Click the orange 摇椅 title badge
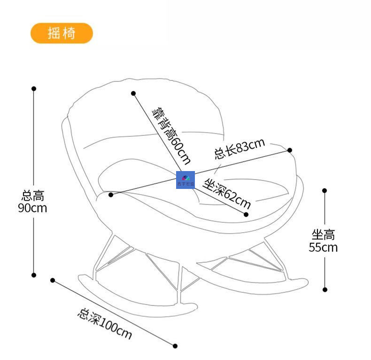coord(62,33)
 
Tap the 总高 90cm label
coord(33,201)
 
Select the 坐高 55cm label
coord(323,241)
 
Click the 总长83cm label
coord(240,149)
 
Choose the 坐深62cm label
coord(227,193)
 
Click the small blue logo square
coord(185,180)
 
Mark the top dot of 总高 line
coord(34,88)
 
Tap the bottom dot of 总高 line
coord(34,275)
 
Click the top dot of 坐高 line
coord(325,190)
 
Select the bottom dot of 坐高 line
coord(325,290)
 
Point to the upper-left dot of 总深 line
coord(53,280)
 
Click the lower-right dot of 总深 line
coord(175,346)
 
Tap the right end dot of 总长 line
coord(290,150)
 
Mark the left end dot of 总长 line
coord(111,194)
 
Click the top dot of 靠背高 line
coord(133,94)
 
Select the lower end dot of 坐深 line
coord(246,214)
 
